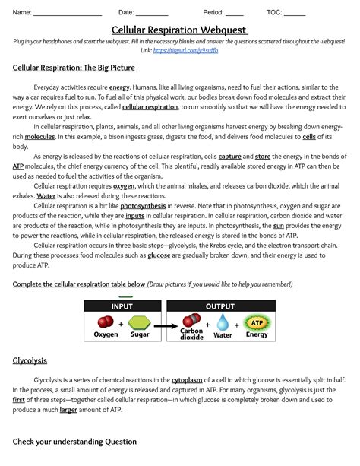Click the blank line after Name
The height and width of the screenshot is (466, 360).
68,14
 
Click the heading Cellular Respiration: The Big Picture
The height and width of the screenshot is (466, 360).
74,68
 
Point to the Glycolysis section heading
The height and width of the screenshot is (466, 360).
30,361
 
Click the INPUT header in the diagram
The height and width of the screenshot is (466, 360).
122,306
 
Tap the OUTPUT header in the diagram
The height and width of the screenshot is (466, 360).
220,306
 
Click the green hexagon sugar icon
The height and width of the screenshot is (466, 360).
139,322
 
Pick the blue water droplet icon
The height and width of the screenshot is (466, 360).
223,323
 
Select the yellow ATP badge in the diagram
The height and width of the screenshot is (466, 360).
257,322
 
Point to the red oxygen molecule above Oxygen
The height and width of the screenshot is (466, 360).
106,322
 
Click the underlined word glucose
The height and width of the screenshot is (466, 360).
159,256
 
